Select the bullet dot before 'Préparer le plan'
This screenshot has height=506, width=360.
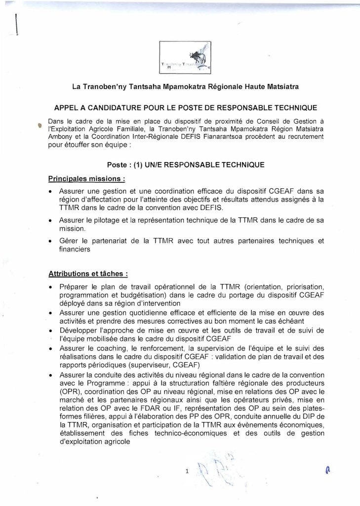[51, 287]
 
